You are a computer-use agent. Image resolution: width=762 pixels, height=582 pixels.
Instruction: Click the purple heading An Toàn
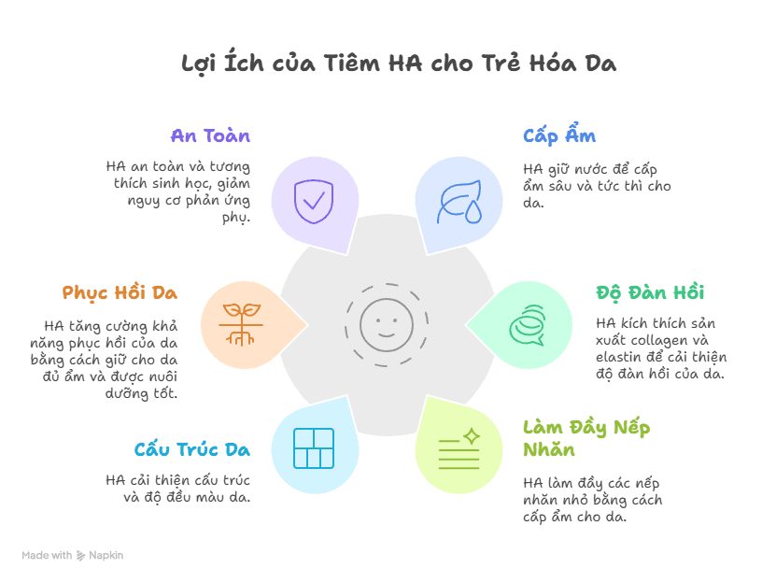pos(210,135)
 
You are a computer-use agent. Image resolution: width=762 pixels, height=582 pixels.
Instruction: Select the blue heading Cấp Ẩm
pos(559,135)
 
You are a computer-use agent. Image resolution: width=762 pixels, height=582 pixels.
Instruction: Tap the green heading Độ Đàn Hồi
pos(650,292)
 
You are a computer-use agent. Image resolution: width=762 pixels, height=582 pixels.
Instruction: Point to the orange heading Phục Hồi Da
pos(120,292)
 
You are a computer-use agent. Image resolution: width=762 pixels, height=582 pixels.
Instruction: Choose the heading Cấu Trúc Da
pos(191,449)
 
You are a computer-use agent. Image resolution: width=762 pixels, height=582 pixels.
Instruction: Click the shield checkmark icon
pos(315,199)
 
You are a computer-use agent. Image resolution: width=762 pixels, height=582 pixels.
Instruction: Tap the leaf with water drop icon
pos(460,201)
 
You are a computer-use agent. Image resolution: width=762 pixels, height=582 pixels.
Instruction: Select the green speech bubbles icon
pos(527,325)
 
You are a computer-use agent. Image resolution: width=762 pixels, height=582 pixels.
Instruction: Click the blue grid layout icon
pos(314,448)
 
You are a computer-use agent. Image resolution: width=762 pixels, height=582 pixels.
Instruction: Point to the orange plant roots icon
pos(241,325)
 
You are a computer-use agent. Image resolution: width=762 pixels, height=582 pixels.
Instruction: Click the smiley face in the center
pos(387,324)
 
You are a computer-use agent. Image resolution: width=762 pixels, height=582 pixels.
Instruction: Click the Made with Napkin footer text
pos(72,555)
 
